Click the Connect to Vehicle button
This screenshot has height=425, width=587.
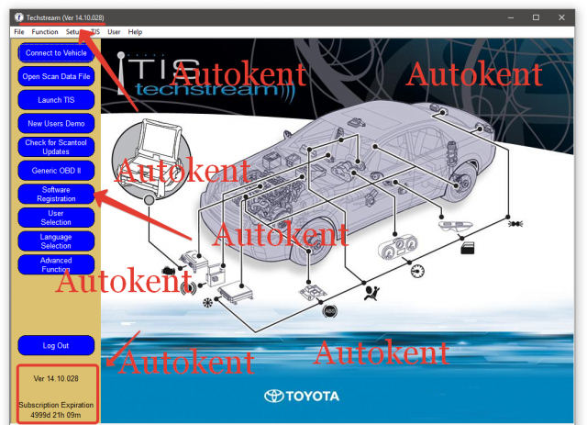[56, 53]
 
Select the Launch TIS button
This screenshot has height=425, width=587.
[56, 100]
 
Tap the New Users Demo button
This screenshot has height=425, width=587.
[56, 124]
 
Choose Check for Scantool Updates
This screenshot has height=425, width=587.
[56, 147]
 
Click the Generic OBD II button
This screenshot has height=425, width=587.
[56, 171]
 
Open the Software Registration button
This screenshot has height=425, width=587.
[56, 194]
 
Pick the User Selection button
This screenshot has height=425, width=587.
[56, 218]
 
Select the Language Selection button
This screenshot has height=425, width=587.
[56, 241]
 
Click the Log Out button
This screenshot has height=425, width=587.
[56, 345]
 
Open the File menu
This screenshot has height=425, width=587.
[18, 32]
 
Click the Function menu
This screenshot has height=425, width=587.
[45, 32]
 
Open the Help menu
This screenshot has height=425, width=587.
[135, 32]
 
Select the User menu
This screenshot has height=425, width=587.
[114, 32]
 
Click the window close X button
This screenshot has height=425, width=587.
[561, 17]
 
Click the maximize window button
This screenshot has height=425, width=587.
[536, 17]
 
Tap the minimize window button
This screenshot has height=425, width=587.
[511, 17]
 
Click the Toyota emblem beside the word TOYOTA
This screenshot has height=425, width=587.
[273, 397]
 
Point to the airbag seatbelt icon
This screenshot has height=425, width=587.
[372, 293]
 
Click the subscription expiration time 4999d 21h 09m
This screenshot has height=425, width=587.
[56, 415]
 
